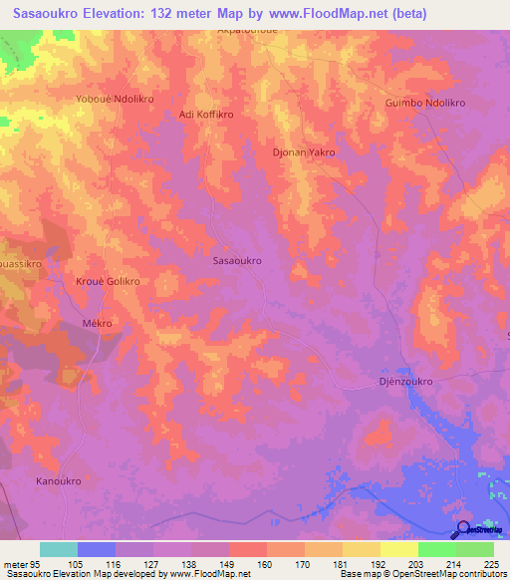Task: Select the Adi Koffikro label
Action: pos(205,115)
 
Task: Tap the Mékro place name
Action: pos(97,324)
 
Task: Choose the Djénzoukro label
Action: pos(404,381)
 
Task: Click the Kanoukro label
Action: pos(58,481)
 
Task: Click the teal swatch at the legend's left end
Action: pos(58,548)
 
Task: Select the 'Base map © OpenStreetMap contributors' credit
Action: pos(422,574)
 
